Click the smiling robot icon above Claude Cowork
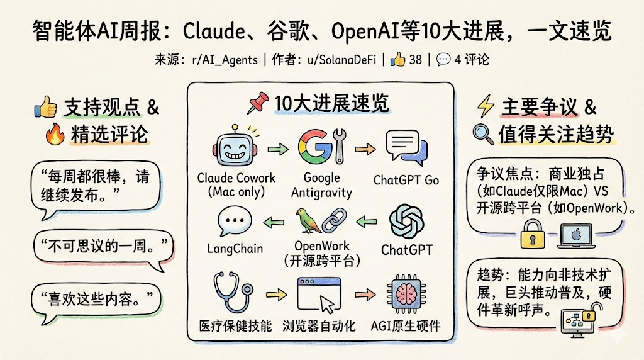(235, 148)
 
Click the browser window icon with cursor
(318, 295)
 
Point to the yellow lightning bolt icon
(486, 108)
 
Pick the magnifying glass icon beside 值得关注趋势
(482, 134)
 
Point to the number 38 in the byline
(415, 60)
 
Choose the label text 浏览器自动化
(321, 326)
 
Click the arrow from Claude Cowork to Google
(275, 150)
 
